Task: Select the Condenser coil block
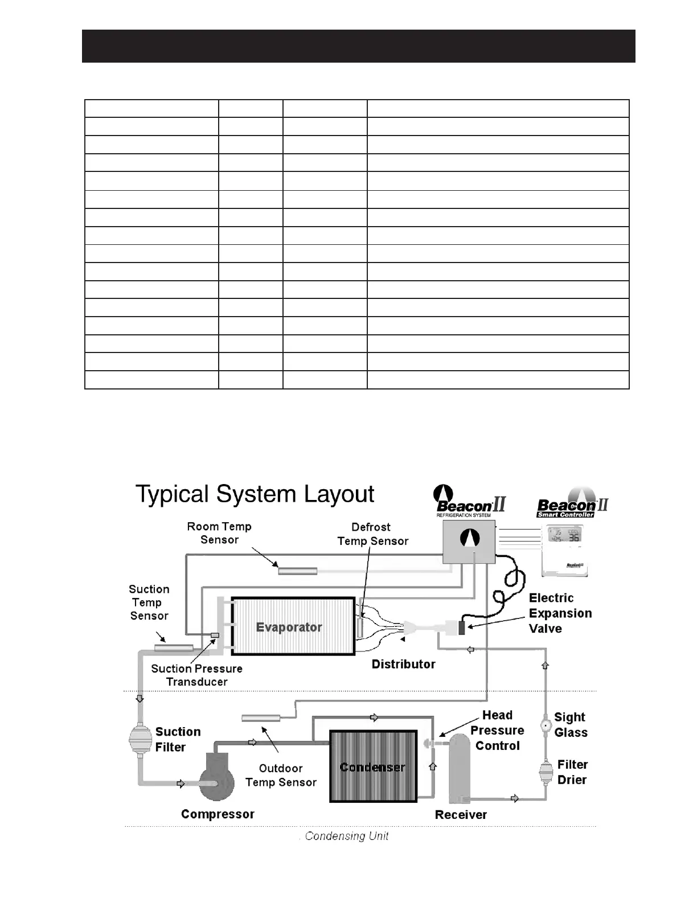pos(373,766)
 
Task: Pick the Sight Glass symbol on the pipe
pos(545,725)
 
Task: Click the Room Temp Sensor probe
pos(297,571)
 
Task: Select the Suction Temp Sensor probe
pos(174,647)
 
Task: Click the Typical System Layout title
pos(255,494)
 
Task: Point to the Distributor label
pos(403,664)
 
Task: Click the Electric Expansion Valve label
pos(560,613)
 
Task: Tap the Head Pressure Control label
pos(497,730)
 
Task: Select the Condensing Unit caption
pos(346,836)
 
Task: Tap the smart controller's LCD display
pos(564,535)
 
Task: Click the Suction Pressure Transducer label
pos(196,675)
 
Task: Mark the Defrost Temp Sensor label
pos(372,534)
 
